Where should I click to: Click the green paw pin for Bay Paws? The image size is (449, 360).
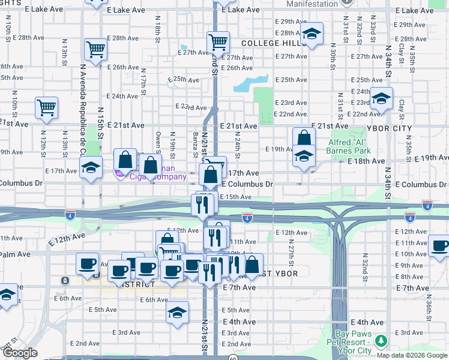point(380,340)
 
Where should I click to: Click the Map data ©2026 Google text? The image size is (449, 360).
point(412,355)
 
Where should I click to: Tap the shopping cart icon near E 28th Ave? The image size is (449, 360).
point(95,49)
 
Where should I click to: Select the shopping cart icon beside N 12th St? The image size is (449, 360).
point(46,107)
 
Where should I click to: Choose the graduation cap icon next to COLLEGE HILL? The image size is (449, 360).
point(312,34)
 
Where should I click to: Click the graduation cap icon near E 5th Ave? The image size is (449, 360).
point(177,312)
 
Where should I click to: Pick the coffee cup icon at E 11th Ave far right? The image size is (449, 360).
point(440,245)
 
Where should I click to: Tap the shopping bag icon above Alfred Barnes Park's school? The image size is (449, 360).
point(304,137)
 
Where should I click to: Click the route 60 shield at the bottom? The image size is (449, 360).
point(233,356)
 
